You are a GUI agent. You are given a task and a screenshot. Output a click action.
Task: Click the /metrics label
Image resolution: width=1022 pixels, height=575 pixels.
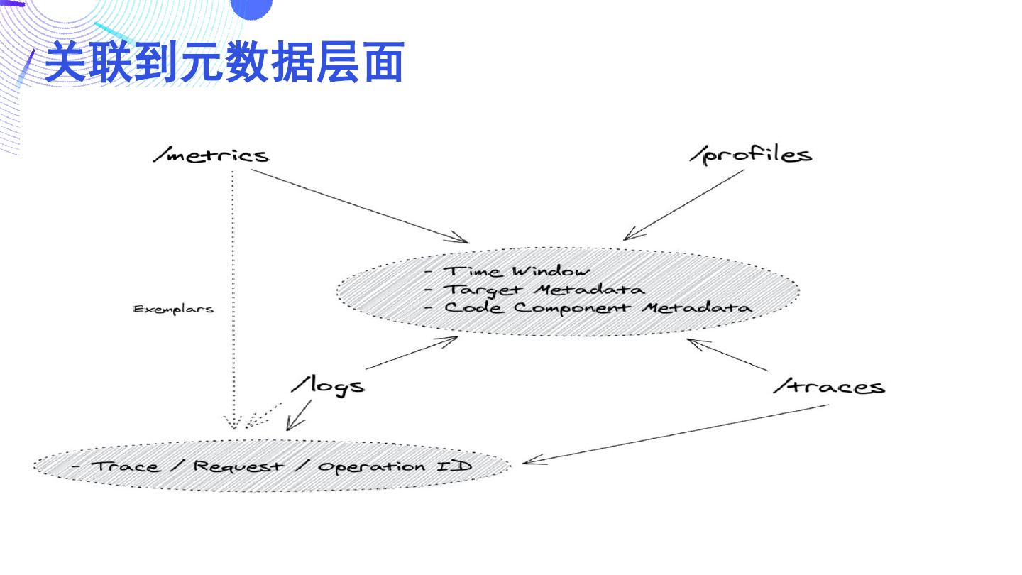click(211, 155)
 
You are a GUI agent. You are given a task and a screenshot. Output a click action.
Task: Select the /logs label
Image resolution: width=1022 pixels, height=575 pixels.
click(328, 385)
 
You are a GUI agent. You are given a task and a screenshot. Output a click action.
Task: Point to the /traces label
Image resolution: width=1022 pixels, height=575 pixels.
click(829, 387)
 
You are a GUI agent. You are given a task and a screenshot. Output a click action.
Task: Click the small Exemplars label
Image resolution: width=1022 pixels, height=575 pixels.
click(173, 310)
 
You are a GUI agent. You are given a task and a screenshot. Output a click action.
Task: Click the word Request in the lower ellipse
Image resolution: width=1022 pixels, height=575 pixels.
click(238, 466)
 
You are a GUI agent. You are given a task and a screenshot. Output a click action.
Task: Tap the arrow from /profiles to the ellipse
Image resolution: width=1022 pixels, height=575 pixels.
click(685, 204)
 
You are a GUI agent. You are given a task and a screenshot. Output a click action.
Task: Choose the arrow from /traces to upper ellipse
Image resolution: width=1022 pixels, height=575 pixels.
click(727, 355)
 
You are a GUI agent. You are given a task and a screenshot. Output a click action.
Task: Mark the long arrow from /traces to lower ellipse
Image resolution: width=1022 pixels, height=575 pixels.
click(674, 434)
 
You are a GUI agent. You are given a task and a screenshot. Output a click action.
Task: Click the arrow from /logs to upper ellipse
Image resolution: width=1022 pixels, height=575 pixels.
click(412, 353)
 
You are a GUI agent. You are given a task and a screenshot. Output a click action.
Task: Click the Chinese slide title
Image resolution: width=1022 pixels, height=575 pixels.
click(224, 62)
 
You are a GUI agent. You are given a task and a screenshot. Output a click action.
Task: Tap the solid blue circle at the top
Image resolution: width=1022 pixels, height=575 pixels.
click(251, 7)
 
